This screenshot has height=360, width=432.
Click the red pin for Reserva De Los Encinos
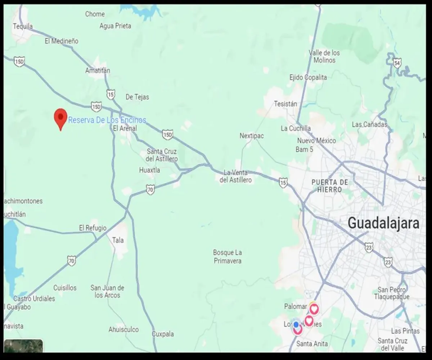(60, 117)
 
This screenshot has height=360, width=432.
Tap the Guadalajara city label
(383, 224)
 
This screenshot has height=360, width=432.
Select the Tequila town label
(23, 26)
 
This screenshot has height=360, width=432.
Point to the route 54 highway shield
(397, 64)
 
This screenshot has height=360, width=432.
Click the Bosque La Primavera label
(228, 257)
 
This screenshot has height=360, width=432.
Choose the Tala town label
(118, 240)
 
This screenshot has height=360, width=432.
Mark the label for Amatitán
(98, 71)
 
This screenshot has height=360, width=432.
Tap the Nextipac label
(252, 136)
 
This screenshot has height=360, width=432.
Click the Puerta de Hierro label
(330, 186)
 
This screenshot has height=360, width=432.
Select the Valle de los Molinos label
(324, 57)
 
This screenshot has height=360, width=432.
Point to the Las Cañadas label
(369, 125)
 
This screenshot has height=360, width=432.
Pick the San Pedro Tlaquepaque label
(392, 293)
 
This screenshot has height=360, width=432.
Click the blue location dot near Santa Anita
(296, 324)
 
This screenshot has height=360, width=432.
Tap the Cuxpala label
(163, 334)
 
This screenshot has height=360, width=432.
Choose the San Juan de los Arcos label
(107, 292)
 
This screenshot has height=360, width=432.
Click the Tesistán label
(285, 104)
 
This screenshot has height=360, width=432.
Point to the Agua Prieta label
(115, 26)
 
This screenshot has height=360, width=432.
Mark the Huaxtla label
(150, 170)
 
